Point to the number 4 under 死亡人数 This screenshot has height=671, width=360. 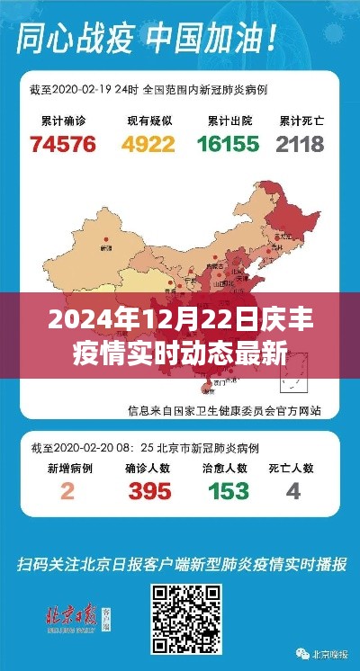pyautogui.click(x=292, y=491)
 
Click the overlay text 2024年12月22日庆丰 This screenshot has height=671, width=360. pyautogui.click(x=180, y=319)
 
